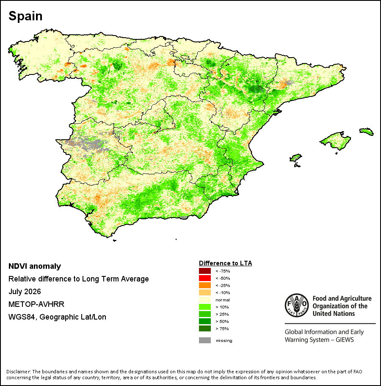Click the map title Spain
25,16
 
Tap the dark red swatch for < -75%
204,271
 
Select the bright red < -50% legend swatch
204,278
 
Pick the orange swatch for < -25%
204,285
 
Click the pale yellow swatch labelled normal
204,300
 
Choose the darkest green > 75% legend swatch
204,328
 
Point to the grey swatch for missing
204,340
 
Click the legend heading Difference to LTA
225,263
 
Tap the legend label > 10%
222,307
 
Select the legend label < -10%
223,293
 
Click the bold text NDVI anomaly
35,266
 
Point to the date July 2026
25,292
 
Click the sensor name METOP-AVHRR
36,304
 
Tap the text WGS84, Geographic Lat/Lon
58,317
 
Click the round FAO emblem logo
297,305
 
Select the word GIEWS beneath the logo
345,340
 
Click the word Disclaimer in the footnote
19,372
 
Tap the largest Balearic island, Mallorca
335,141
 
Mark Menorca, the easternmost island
367,131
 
